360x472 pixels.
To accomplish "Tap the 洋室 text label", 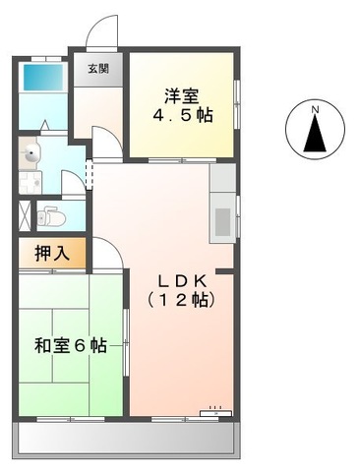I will point(183,95).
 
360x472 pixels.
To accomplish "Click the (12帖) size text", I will point(181,300).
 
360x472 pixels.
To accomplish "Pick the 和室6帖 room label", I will point(69,346).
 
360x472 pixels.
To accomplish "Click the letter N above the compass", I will point(315,109).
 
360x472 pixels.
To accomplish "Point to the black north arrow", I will point(315,134).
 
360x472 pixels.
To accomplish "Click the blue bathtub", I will point(41,77).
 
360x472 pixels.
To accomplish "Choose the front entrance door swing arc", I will point(101,31).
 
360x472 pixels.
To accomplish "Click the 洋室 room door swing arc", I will point(114,147).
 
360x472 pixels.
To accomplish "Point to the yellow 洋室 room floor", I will point(183,133).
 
